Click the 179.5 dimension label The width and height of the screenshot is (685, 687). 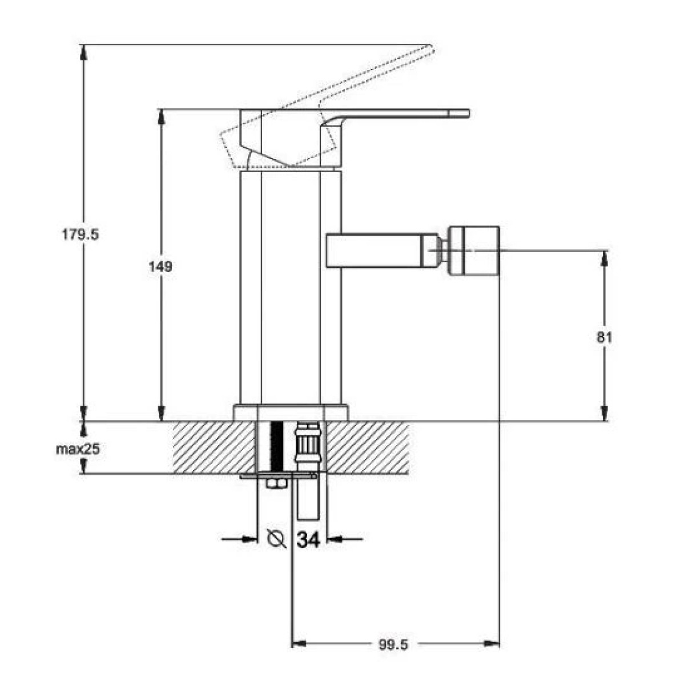pyautogui.click(x=80, y=235)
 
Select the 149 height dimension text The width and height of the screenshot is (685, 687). pyautogui.click(x=160, y=266)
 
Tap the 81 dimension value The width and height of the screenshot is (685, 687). pyautogui.click(x=605, y=337)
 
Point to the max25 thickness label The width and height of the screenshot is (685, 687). pyautogui.click(x=78, y=449)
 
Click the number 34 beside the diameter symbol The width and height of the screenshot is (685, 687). pyautogui.click(x=308, y=539)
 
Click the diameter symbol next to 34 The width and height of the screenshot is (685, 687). pyautogui.click(x=277, y=539)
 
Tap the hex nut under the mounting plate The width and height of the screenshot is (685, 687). pyautogui.click(x=277, y=484)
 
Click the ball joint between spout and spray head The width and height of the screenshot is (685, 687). pyautogui.click(x=442, y=250)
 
